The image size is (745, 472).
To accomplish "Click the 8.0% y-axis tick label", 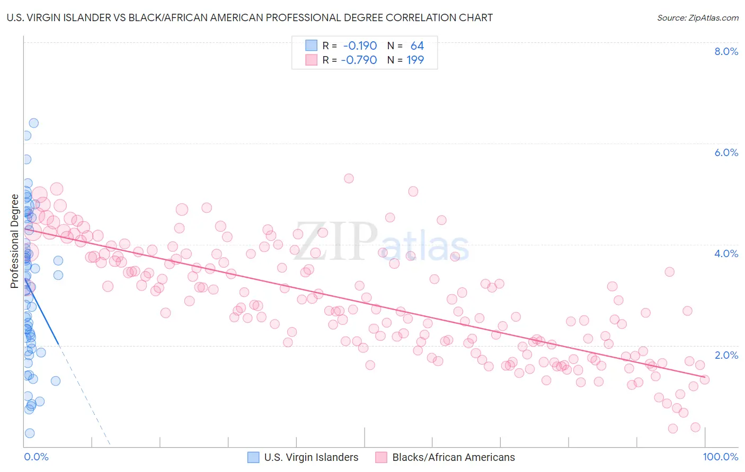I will tap(726, 51).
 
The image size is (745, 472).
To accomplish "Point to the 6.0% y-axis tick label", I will tap(726, 152).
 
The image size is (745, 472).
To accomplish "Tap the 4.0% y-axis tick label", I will tap(726, 253).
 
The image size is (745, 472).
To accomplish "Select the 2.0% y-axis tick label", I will tap(726, 355).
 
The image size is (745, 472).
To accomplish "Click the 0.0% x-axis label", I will tap(36, 457).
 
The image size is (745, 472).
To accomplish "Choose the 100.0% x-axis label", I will tap(720, 457).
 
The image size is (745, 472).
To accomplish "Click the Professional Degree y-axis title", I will tap(14, 241).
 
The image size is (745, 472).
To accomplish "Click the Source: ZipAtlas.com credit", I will tap(697, 17).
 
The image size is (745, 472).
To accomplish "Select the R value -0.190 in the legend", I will tap(360, 46).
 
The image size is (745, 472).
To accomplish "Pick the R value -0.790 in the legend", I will tap(359, 60).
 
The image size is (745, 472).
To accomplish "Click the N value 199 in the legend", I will tap(415, 60).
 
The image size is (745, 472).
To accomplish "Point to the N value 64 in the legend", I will tap(417, 46).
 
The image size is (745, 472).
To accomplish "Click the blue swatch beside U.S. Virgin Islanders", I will tap(254, 457).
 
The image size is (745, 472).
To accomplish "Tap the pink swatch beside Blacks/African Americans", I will tap(382, 457).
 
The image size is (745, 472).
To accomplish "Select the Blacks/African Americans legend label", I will tap(453, 457).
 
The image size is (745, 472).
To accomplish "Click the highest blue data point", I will tap(33, 123).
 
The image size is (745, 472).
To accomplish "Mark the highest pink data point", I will tap(349, 178).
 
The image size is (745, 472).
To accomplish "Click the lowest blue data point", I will tap(30, 433).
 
